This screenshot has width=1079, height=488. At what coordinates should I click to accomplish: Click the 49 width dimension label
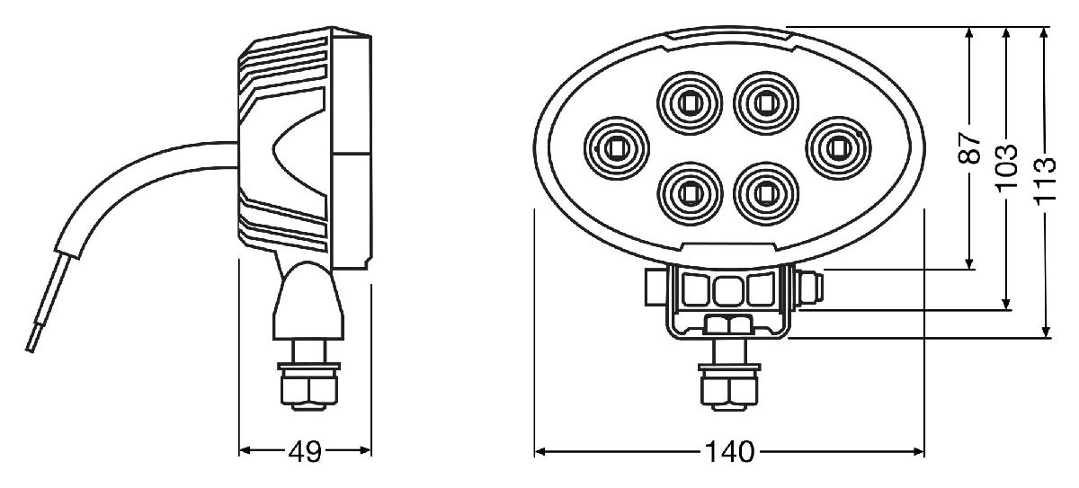(x=306, y=452)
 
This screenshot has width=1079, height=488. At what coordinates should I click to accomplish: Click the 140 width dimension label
(x=730, y=452)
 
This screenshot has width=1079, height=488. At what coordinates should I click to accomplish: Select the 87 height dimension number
(x=969, y=147)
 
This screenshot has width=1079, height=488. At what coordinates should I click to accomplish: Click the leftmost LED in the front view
(x=617, y=145)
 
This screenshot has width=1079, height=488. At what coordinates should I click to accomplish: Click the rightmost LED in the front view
(x=837, y=145)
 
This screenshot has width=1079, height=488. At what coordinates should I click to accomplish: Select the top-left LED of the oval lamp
(x=690, y=102)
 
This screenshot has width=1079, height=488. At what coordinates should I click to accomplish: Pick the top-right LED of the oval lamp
(x=764, y=102)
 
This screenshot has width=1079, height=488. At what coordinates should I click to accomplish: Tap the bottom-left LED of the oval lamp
(x=690, y=191)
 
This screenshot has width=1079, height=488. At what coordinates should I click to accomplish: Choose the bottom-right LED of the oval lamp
(x=764, y=191)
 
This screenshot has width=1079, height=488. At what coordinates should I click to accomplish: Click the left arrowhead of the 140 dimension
(x=540, y=451)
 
